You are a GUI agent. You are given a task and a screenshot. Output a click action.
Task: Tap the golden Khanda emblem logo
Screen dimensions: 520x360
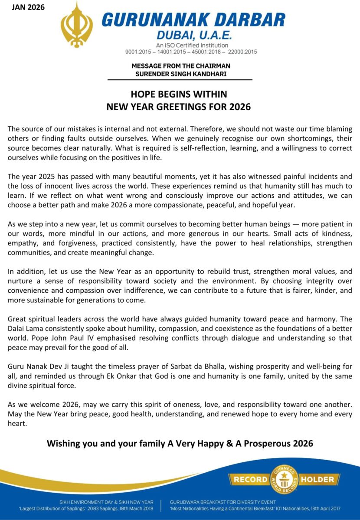coord(76,24)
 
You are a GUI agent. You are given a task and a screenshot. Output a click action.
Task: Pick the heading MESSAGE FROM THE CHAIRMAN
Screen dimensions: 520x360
coord(180,66)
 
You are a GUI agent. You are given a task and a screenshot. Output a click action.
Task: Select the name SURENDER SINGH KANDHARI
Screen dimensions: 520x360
coord(180,74)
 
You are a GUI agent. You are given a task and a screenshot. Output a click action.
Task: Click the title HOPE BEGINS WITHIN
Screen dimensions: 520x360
coord(179,94)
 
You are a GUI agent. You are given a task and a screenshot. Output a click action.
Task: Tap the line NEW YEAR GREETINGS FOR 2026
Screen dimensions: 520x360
coord(179,106)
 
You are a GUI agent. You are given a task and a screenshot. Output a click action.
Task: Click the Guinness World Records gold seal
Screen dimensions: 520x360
coord(284,480)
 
